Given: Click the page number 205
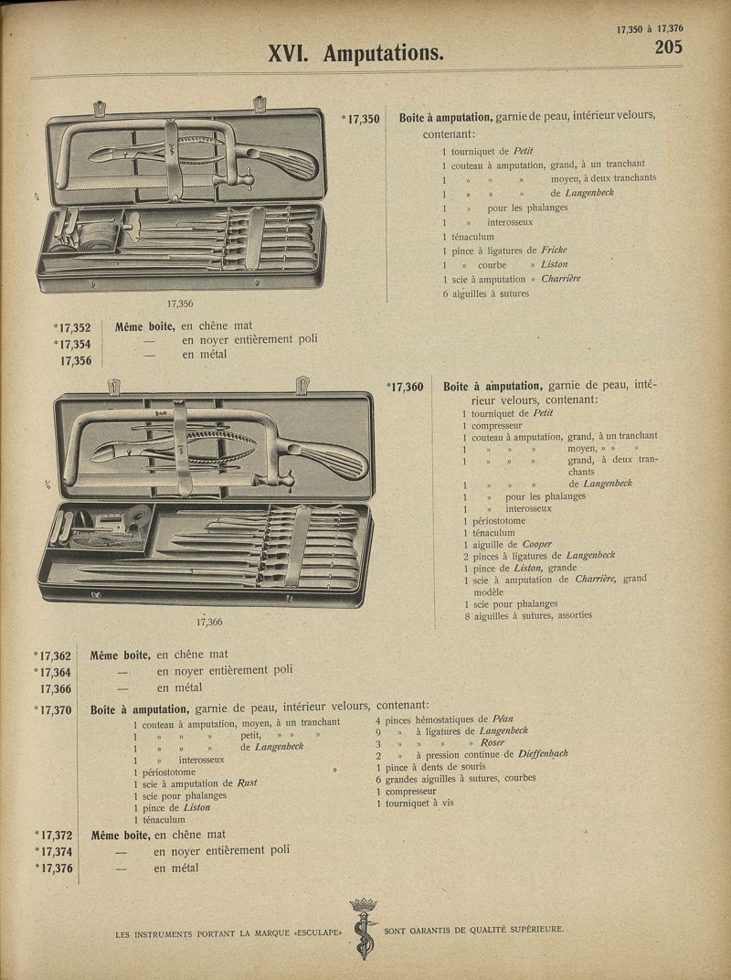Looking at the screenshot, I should [668, 47].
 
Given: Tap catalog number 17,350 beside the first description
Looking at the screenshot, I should [363, 118].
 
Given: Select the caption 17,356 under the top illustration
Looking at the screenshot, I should [180, 304].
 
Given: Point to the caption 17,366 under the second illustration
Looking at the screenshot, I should [209, 622].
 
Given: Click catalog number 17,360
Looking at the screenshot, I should [406, 387].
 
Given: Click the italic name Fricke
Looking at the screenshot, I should [554, 250].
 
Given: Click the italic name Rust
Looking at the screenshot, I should [247, 783].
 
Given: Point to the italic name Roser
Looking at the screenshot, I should [493, 742].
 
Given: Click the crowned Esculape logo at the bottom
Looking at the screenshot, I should [364, 927].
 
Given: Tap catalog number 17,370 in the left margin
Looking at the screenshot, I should [54, 709].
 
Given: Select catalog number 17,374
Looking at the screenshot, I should [54, 852].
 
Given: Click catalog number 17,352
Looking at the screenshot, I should [74, 326].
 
